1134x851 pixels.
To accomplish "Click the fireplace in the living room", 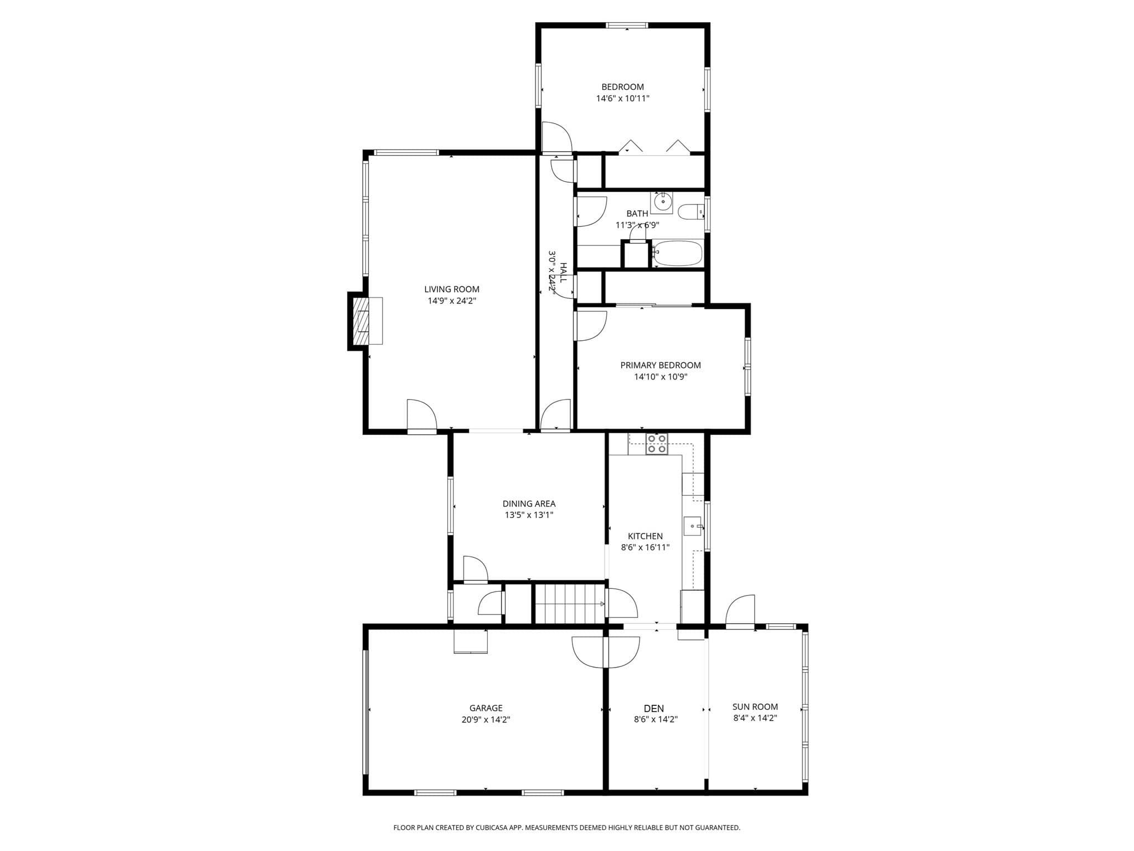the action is (x=365, y=321).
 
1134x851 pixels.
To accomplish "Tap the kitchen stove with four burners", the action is (x=657, y=444).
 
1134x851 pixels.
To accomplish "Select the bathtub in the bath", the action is (x=677, y=254).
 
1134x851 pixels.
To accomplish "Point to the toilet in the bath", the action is (x=691, y=212).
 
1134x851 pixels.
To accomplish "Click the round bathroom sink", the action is (x=662, y=202).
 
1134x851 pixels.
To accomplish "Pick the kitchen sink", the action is (x=693, y=526).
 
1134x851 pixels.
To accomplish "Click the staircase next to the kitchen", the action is (x=570, y=603).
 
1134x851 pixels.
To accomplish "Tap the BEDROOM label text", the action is (x=622, y=87).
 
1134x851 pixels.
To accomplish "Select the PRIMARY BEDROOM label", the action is (x=661, y=365).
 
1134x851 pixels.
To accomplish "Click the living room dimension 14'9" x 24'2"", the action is (x=452, y=301).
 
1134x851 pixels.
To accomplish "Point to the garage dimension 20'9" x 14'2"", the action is (x=486, y=720).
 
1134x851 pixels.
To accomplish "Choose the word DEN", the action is (x=654, y=708).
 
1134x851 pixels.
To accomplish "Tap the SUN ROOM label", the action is (x=755, y=706).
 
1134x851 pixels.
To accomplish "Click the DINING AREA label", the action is (x=529, y=504).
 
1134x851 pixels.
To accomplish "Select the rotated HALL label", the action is (x=563, y=273).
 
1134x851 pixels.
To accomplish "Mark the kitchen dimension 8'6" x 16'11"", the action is (x=645, y=547).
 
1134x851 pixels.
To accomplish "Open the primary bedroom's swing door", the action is (x=591, y=326).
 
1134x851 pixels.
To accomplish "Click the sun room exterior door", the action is (x=740, y=611).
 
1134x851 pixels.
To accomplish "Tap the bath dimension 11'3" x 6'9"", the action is (x=637, y=225).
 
